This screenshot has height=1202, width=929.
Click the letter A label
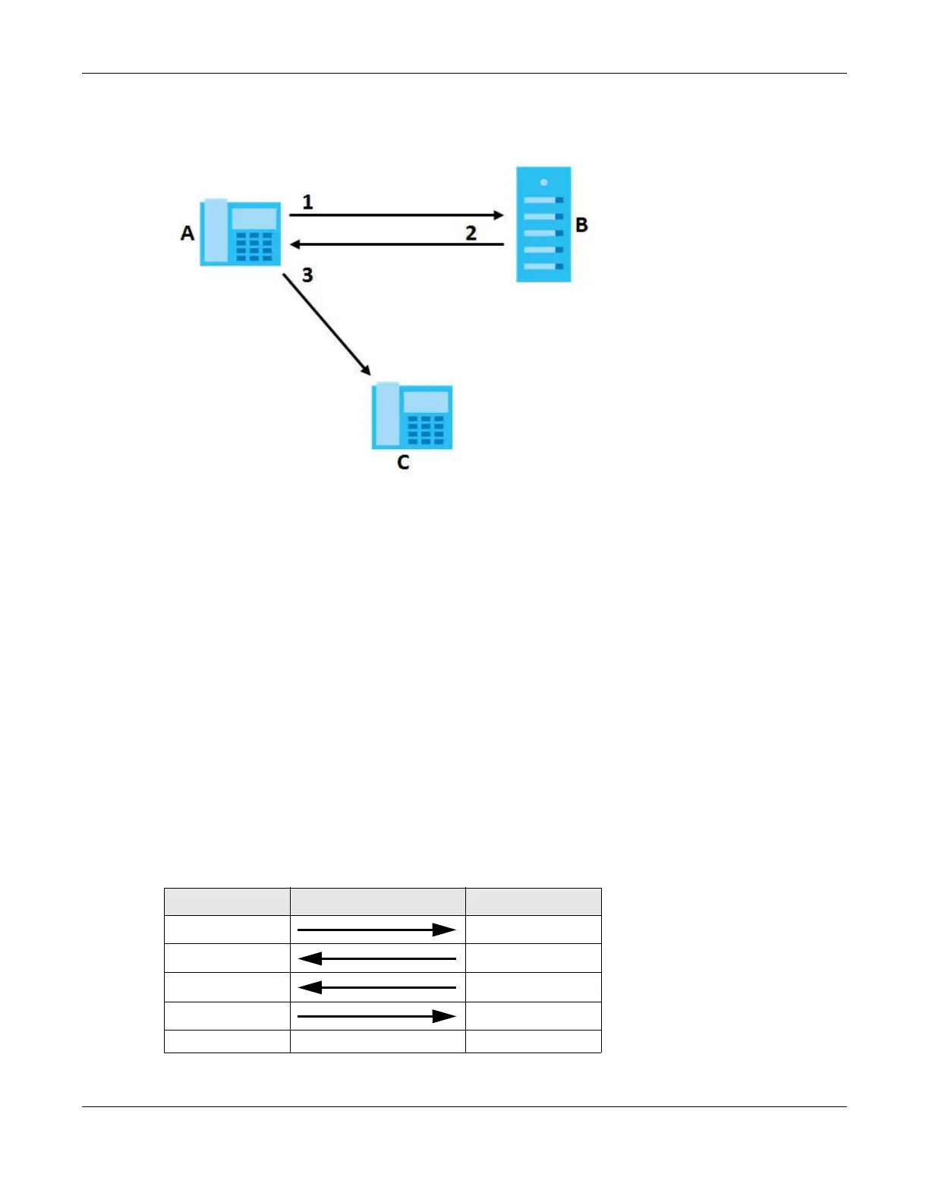pyautogui.click(x=187, y=233)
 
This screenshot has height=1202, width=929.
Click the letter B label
pyautogui.click(x=581, y=225)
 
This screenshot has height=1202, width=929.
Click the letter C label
pyautogui.click(x=403, y=462)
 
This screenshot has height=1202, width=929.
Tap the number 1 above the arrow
pyautogui.click(x=307, y=202)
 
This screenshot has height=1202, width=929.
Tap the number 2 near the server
pyautogui.click(x=471, y=233)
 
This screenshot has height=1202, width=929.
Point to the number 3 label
pyautogui.click(x=307, y=275)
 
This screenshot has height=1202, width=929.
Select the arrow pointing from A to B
pyautogui.click(x=396, y=216)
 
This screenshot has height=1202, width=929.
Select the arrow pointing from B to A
pyautogui.click(x=396, y=244)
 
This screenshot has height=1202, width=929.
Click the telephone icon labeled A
pyautogui.click(x=240, y=233)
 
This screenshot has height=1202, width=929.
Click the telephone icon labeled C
pyautogui.click(x=412, y=417)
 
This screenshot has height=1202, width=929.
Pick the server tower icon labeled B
pyautogui.click(x=543, y=225)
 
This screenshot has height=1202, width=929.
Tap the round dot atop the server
pyautogui.click(x=543, y=183)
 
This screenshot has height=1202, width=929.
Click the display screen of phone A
pyautogui.click(x=254, y=219)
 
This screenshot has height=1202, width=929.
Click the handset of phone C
pyautogui.click(x=386, y=415)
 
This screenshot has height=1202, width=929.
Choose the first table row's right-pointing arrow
pyautogui.click(x=376, y=930)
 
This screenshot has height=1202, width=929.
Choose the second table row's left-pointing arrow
pyautogui.click(x=376, y=958)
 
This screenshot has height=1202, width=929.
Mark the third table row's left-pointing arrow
pyautogui.click(x=376, y=987)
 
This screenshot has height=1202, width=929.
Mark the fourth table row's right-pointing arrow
pyautogui.click(x=376, y=1016)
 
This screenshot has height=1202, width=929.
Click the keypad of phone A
pyautogui.click(x=254, y=247)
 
